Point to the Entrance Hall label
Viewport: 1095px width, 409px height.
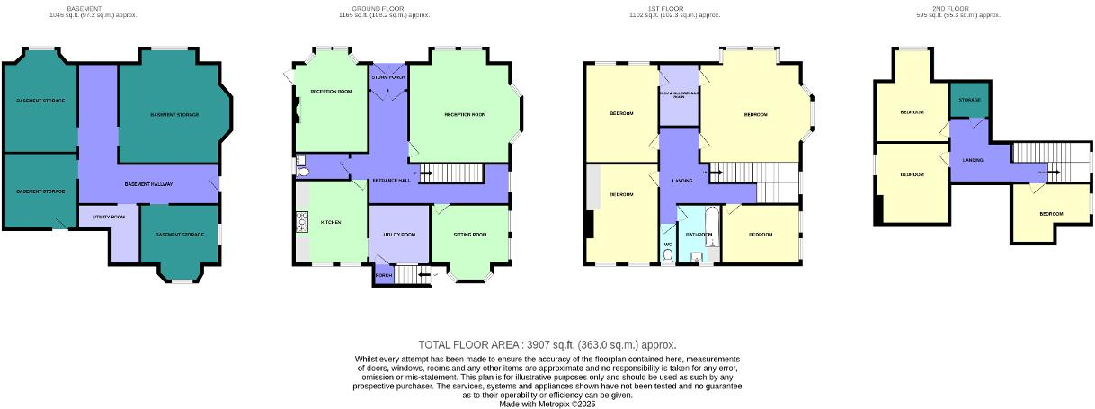tap(392, 181)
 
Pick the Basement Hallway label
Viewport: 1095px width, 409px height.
tap(149, 183)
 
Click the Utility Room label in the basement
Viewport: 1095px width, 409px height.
tap(109, 217)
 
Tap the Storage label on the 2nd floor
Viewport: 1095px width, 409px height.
tap(969, 99)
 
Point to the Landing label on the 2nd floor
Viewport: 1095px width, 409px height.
tap(973, 160)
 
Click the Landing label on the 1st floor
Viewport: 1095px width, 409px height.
tap(681, 182)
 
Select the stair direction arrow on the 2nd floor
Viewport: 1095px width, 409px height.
tap(1043, 172)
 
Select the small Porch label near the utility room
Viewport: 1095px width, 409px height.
tap(383, 274)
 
